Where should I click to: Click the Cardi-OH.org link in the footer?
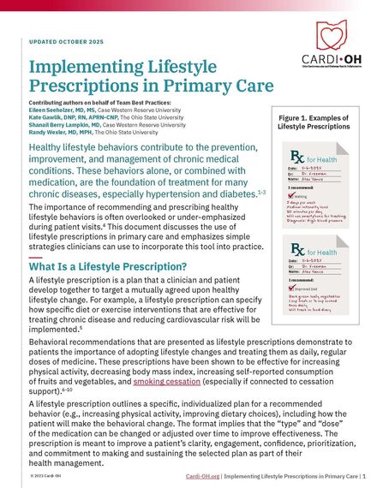click(x=202, y=474)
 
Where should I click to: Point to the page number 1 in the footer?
click(x=365, y=474)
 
